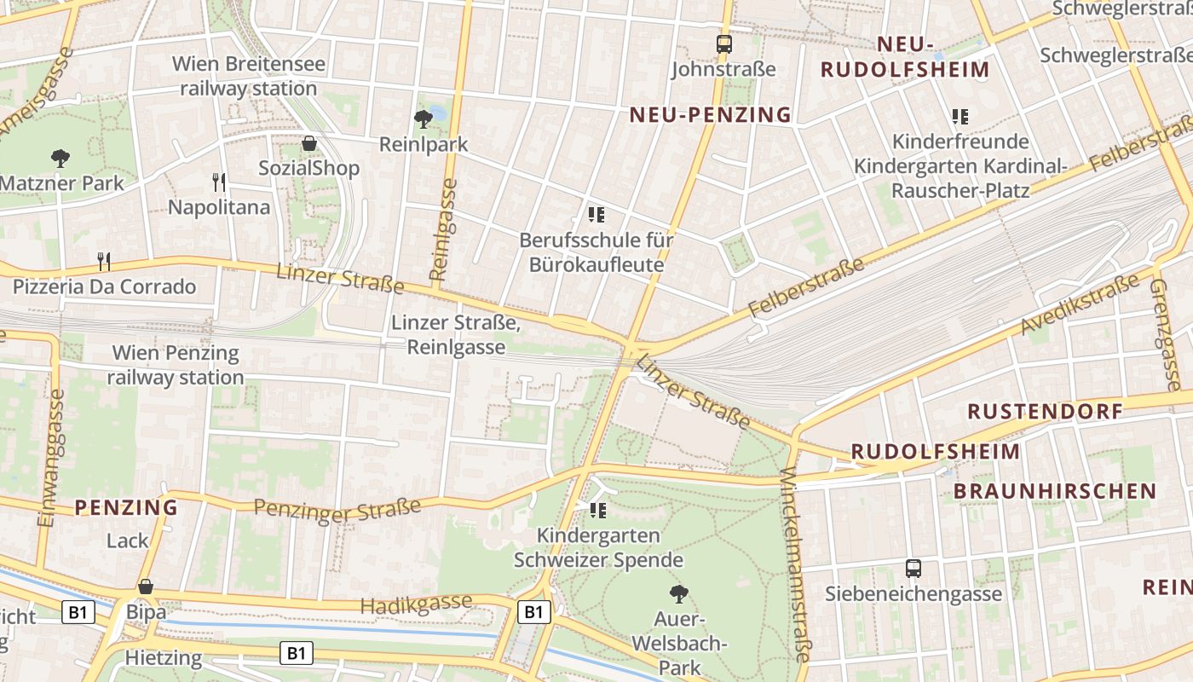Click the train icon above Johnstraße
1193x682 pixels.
pos(723,44)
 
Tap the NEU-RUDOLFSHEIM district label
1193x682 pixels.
pos(905,57)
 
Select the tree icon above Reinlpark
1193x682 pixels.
pos(423,118)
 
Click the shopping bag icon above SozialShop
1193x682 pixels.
pos(309,143)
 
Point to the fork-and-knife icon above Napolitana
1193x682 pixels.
pos(219,182)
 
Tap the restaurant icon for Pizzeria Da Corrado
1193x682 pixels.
pos(104,260)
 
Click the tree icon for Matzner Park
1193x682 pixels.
pos(60,158)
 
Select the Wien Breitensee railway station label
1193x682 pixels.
pos(245,76)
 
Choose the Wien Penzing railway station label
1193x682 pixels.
pos(176,365)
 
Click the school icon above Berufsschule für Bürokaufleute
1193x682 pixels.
pos(596,214)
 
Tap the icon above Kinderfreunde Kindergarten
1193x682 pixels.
pos(960,116)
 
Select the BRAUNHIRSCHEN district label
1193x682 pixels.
pos(1054,491)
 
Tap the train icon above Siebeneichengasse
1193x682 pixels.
pos(913,568)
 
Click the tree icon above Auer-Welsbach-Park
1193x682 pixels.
pos(679,593)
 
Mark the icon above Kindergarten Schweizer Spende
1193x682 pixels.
pos(597,510)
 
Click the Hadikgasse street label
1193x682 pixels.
pos(416,604)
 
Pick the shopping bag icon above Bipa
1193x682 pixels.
pos(146,587)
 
